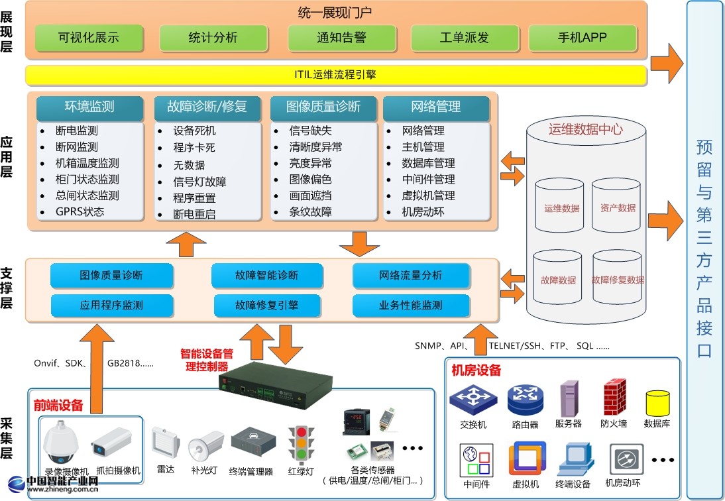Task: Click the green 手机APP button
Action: (x=583, y=38)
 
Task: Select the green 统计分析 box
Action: (x=212, y=38)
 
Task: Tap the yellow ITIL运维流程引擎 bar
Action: (x=336, y=75)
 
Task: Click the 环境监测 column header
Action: (x=89, y=107)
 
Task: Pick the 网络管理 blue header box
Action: (x=436, y=107)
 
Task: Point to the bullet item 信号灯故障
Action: (x=200, y=182)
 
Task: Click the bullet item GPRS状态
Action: (x=80, y=212)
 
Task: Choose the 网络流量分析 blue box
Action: (x=411, y=276)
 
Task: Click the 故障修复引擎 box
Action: (x=267, y=306)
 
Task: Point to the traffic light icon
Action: (x=300, y=444)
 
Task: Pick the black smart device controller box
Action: (x=276, y=384)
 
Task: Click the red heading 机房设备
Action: (x=476, y=370)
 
